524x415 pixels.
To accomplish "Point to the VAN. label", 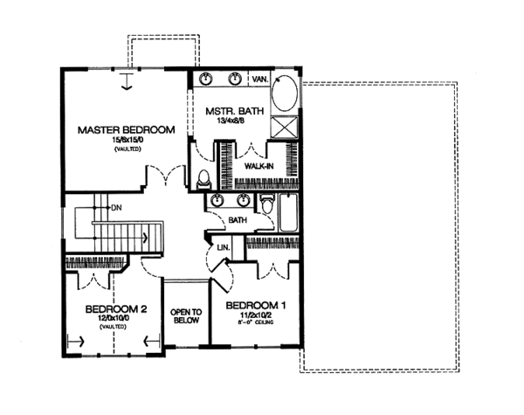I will [259, 79].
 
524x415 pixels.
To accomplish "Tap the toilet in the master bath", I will [203, 180].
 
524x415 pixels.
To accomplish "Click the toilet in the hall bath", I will [292, 206].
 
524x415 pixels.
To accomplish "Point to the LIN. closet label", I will [223, 248].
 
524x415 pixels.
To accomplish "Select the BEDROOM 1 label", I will [255, 306].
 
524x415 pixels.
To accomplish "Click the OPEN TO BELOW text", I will [186, 316].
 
